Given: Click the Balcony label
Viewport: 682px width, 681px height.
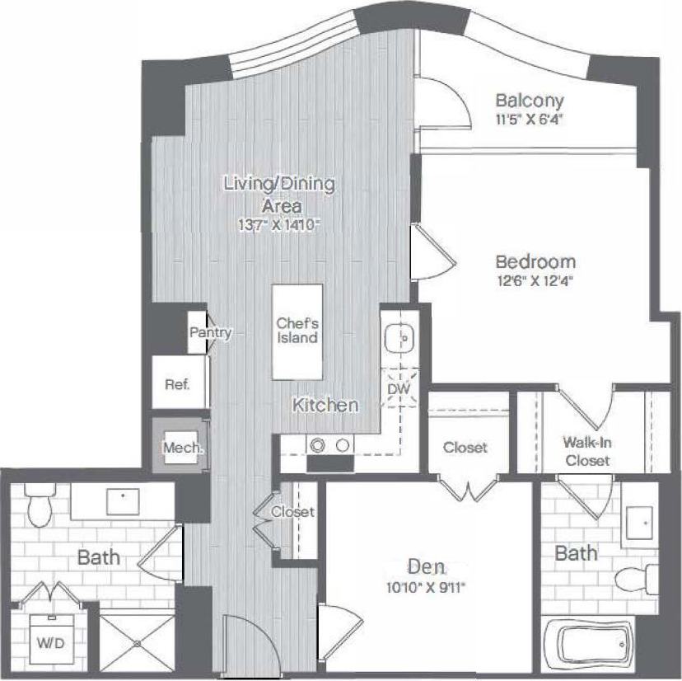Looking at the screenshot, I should pyautogui.click(x=530, y=101).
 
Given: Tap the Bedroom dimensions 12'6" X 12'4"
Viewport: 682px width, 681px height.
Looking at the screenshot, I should pyautogui.click(x=534, y=280).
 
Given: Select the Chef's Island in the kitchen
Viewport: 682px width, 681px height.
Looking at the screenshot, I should pyautogui.click(x=297, y=331).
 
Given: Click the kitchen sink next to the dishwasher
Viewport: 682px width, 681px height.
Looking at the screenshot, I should pyautogui.click(x=401, y=336).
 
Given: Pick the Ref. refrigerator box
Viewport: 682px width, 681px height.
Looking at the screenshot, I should pyautogui.click(x=177, y=384).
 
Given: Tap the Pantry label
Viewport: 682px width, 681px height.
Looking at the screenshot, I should pyautogui.click(x=210, y=333).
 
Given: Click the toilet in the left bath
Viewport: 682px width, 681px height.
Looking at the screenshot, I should pyautogui.click(x=38, y=505).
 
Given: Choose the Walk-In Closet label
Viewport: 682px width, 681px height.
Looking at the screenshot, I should pyautogui.click(x=587, y=451).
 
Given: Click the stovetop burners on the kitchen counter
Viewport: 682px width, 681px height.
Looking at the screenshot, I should pyautogui.click(x=329, y=444).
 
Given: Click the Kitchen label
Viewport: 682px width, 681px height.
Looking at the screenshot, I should pyautogui.click(x=326, y=405).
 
